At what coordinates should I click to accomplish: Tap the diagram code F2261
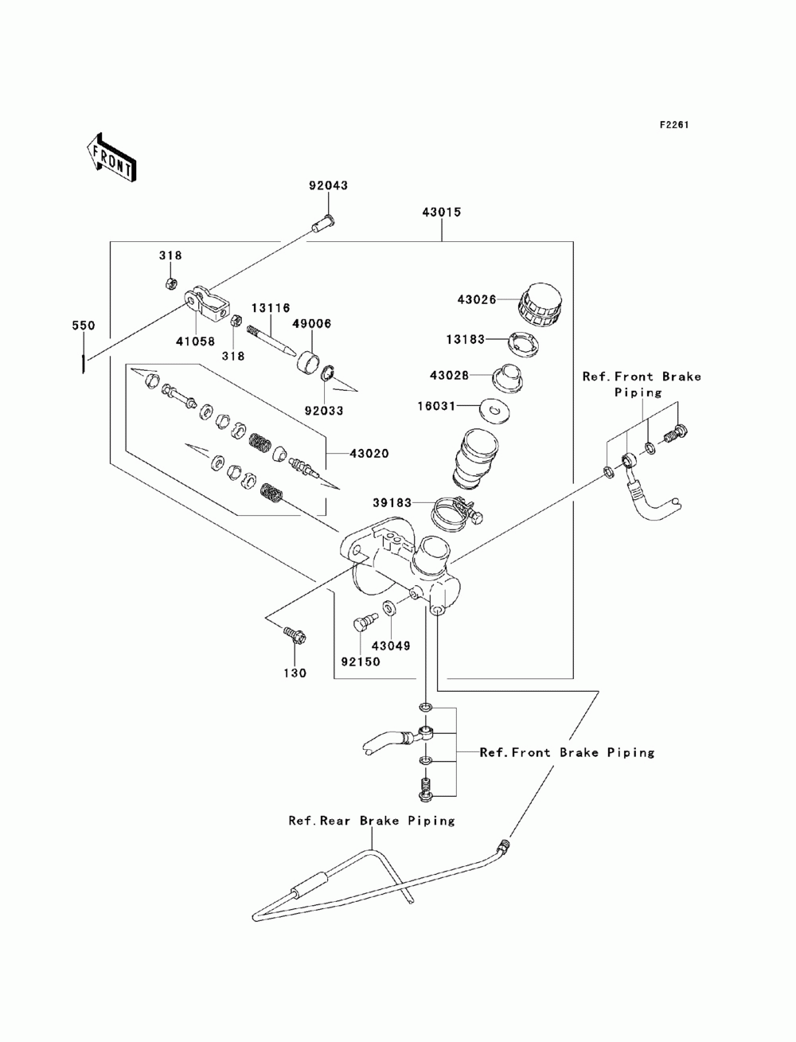point(674,125)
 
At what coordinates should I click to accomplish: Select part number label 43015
point(442,213)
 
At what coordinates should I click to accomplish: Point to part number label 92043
point(329,185)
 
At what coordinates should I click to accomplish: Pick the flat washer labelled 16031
point(494,410)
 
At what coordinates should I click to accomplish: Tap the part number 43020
point(369,454)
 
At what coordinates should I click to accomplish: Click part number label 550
point(84,326)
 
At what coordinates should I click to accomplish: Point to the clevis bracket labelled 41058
point(207,304)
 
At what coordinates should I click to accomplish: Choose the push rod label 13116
point(271,308)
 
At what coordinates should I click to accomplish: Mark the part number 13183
point(465,339)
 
